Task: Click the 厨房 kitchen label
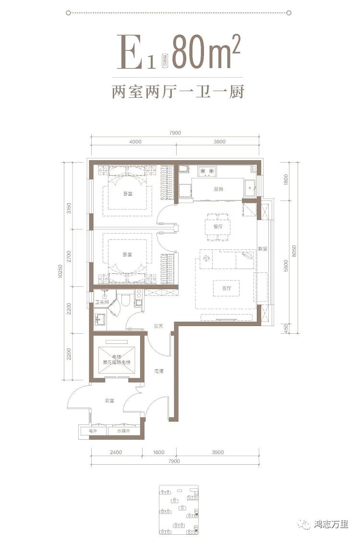click(x=218, y=189)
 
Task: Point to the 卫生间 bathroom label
click(x=101, y=302)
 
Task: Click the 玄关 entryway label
click(x=159, y=326)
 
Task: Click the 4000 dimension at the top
click(x=135, y=142)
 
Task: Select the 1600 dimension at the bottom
click(x=159, y=452)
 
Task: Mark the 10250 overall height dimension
click(x=61, y=273)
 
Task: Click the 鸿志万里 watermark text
click(x=331, y=525)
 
